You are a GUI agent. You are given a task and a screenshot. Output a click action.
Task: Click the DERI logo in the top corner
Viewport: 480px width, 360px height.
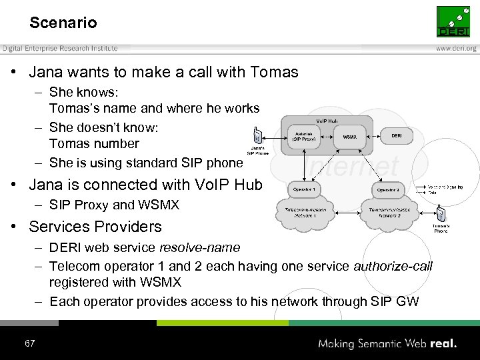click(x=453, y=22)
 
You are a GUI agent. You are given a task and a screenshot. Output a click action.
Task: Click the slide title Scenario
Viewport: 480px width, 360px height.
click(x=63, y=23)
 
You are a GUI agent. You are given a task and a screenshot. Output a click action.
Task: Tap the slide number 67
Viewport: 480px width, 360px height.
click(x=29, y=343)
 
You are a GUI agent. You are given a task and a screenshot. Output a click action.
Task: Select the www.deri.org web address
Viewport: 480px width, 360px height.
click(x=456, y=49)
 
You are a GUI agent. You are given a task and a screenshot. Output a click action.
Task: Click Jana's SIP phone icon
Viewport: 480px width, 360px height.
click(x=258, y=135)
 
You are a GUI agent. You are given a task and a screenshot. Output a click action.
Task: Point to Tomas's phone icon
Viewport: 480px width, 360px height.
click(x=440, y=215)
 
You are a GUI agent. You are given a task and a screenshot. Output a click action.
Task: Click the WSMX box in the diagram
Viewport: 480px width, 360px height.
click(x=349, y=137)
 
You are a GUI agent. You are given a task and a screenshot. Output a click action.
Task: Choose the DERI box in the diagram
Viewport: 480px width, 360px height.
click(x=396, y=135)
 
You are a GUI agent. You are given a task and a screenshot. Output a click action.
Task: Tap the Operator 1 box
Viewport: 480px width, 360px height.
click(x=305, y=190)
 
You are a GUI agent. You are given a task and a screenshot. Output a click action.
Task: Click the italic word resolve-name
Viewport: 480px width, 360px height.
click(x=199, y=247)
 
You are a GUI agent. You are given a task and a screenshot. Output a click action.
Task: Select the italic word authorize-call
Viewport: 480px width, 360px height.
click(x=393, y=266)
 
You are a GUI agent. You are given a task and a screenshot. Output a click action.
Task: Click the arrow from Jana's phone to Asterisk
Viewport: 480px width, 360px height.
click(x=275, y=137)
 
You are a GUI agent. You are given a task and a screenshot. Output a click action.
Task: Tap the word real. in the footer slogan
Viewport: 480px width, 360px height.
click(x=443, y=344)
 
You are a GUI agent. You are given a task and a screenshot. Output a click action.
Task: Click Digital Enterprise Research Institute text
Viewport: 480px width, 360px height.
click(x=59, y=49)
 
